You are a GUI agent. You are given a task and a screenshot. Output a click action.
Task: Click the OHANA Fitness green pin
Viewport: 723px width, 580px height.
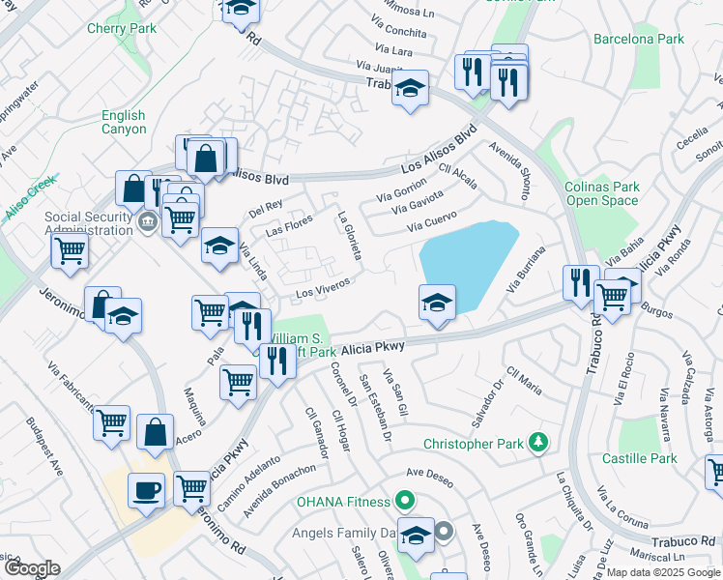(405, 502)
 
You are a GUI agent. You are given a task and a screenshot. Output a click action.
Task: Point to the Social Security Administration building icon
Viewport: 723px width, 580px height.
(146, 223)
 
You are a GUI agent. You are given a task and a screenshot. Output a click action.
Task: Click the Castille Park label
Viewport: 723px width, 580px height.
(639, 458)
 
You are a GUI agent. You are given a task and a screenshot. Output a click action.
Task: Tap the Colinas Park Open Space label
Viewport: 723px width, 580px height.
(602, 193)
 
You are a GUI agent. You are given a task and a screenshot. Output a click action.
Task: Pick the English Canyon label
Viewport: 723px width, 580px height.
(124, 122)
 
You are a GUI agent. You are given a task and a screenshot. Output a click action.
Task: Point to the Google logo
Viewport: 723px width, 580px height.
(32, 568)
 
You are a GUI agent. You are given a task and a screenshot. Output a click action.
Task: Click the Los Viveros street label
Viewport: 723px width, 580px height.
(322, 288)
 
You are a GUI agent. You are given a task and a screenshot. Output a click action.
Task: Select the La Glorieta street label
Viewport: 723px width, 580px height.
(349, 235)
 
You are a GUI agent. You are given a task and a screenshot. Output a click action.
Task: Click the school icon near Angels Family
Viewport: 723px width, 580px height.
(416, 534)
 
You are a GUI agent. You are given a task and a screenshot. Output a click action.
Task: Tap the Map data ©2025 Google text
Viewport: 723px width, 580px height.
(662, 572)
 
